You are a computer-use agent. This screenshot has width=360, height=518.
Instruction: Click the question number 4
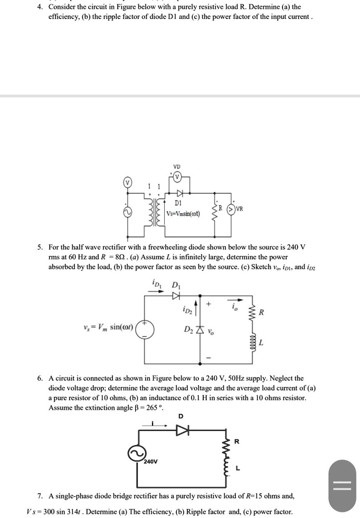[x=40, y=7]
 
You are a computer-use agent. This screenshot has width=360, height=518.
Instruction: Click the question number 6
[x=40, y=378]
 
